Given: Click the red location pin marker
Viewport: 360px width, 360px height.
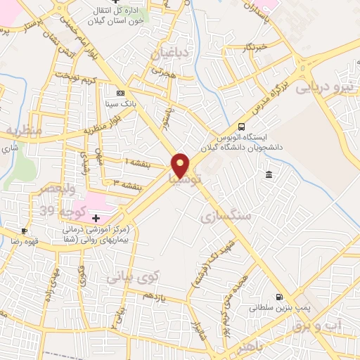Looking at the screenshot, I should tap(181, 165).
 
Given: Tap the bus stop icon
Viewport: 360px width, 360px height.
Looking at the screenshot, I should tap(242, 127).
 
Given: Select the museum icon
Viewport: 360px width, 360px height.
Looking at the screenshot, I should tap(269, 174).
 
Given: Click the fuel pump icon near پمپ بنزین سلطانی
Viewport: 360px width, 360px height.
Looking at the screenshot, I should tap(280, 297).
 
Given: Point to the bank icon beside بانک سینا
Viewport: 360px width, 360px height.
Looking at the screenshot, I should tap(120, 93).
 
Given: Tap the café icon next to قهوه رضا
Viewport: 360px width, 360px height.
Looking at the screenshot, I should tap(25, 231).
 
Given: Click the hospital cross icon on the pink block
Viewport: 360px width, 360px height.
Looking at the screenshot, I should tap(96, 219).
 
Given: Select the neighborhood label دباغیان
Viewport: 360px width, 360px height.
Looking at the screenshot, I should tap(169, 53).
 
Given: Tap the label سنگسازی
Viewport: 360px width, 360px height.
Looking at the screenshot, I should tap(226, 216).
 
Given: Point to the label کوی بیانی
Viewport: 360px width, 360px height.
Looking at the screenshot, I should tap(133, 278).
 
